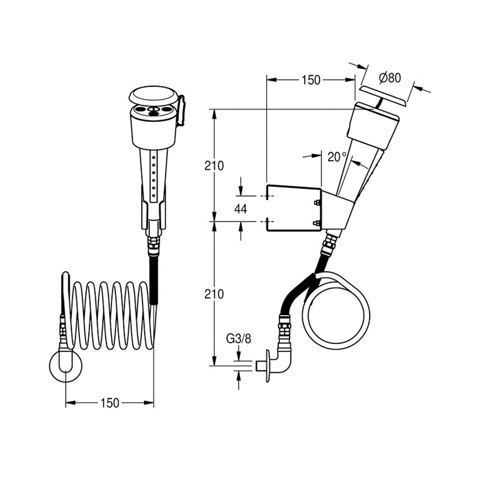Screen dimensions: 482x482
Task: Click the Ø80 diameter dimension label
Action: coord(390,78)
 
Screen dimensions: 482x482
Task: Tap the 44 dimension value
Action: coord(241,209)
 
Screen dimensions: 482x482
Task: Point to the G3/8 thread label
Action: coord(239,339)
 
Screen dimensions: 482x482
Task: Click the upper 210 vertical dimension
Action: coord(214,166)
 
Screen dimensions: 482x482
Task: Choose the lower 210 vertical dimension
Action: coord(214,294)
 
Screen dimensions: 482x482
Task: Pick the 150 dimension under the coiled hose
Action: coord(110,402)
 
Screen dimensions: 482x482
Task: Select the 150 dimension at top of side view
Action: coord(311,80)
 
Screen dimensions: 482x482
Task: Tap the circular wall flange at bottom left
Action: coord(66,366)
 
